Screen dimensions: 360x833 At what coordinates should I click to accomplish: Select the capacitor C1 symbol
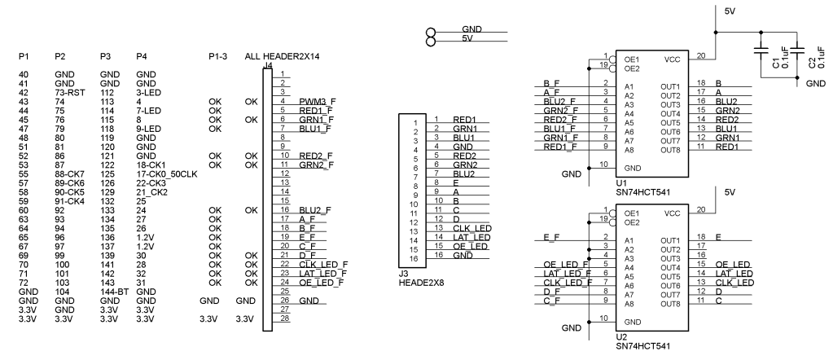point(761,50)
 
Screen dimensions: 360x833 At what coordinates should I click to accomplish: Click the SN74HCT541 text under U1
point(644,193)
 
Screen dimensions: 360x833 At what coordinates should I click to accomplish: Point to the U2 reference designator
point(621,336)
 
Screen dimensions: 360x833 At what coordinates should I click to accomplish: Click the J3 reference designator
point(402,274)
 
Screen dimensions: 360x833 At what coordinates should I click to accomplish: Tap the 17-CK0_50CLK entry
point(166,173)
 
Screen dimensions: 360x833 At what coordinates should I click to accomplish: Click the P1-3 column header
point(218,58)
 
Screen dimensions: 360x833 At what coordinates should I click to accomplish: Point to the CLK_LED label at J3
point(472,228)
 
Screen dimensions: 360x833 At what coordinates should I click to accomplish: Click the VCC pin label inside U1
point(673,59)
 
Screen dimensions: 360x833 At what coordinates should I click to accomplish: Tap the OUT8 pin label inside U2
point(670,304)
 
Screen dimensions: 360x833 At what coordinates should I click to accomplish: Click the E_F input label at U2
point(550,237)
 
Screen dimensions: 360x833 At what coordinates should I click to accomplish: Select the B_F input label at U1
point(550,84)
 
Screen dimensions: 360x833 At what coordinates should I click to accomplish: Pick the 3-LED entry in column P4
point(148,93)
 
